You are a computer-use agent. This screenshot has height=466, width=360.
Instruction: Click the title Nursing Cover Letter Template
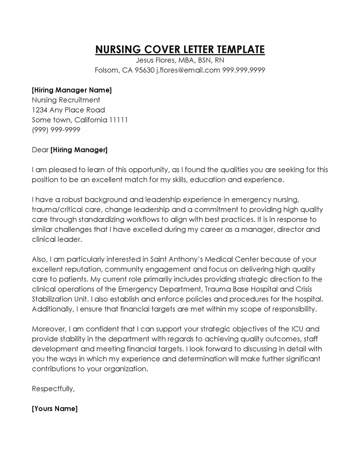(x=180, y=50)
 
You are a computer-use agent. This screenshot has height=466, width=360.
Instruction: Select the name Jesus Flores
(x=155, y=60)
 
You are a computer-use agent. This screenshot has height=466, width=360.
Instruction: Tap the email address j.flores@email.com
(x=188, y=70)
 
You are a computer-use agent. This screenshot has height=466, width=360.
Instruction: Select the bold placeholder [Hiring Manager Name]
(x=72, y=90)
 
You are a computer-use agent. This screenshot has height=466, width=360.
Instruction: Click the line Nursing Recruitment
(x=66, y=100)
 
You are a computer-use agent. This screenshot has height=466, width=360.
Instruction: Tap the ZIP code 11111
(x=119, y=120)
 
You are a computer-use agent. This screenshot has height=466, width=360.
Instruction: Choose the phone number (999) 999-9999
(x=56, y=130)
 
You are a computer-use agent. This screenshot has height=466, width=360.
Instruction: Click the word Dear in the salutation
(x=40, y=149)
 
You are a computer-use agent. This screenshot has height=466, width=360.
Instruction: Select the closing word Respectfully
(x=53, y=389)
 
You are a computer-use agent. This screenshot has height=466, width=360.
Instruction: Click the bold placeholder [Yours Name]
(x=55, y=409)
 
